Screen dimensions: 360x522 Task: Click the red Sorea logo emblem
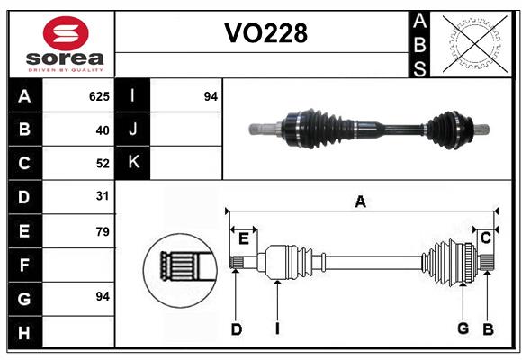coord(66,35)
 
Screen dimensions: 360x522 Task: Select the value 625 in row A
coord(99,95)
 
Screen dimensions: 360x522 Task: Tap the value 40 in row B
coord(102,130)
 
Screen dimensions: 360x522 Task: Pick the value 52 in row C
coord(102,164)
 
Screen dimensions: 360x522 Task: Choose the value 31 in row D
coord(102,196)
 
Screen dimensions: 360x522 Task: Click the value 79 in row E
coord(102,231)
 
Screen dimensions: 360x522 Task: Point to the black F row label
coord(24,265)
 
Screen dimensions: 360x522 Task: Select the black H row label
coord(24,333)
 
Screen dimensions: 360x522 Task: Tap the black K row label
coord(133,163)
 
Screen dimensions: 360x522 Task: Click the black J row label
coord(133,130)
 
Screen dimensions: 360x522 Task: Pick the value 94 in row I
coord(211,95)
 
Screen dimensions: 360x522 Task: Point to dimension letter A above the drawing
coord(360,202)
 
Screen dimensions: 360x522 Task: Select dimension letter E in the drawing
coord(243,238)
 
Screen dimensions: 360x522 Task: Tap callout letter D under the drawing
coord(236,329)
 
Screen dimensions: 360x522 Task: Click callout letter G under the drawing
coord(463,329)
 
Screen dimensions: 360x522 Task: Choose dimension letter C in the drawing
coord(485,238)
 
